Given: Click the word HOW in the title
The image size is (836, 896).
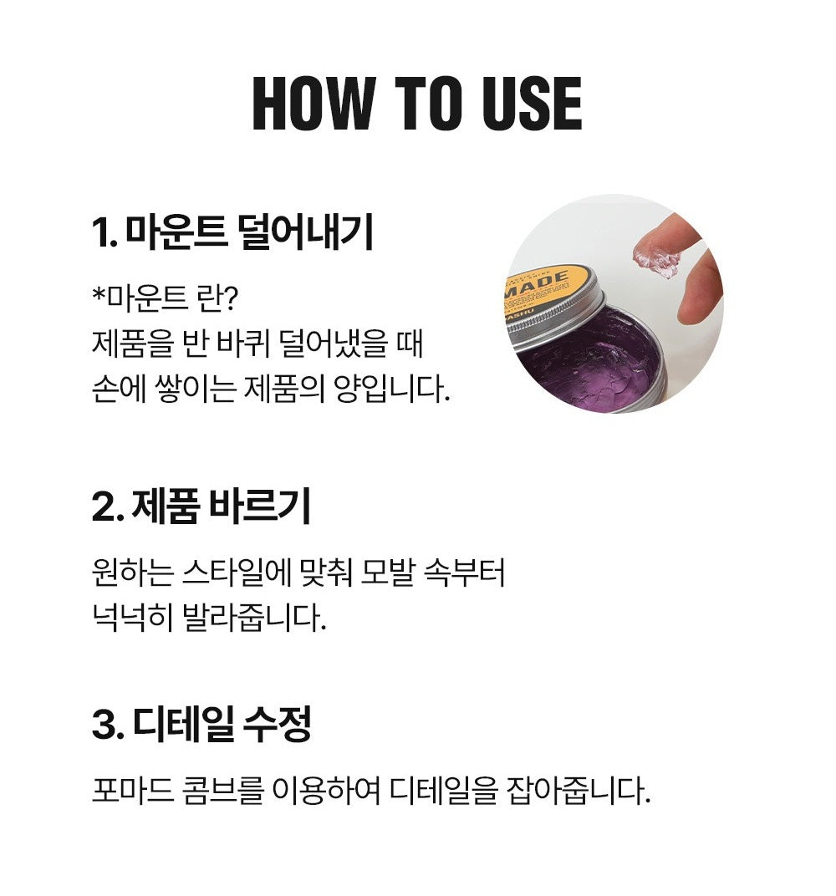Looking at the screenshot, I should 313,105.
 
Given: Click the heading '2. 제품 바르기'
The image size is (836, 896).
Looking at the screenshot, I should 201,507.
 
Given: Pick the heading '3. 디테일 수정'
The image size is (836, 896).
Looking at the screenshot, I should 201,724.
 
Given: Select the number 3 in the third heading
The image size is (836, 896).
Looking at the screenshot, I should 102,725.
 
